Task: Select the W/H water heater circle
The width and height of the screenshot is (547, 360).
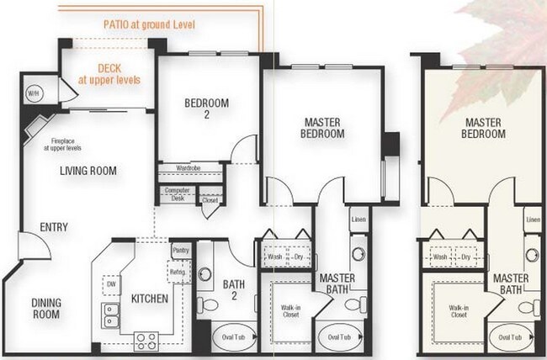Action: click(x=35, y=93)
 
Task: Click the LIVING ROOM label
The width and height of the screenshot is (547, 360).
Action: click(x=88, y=171)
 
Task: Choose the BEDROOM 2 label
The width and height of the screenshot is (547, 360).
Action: click(x=206, y=109)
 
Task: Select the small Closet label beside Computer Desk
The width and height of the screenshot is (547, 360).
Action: click(x=210, y=200)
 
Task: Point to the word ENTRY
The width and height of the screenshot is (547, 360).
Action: click(x=52, y=227)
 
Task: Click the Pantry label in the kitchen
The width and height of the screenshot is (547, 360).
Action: click(x=179, y=250)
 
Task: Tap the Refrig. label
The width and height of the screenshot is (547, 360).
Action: click(x=178, y=272)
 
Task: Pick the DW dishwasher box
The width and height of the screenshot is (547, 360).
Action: click(x=110, y=284)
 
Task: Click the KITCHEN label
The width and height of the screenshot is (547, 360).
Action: click(x=149, y=299)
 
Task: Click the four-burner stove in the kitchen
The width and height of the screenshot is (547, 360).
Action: click(x=146, y=341)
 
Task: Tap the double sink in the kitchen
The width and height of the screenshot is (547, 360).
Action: click(x=110, y=314)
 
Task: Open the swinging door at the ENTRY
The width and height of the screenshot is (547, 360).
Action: click(x=30, y=249)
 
